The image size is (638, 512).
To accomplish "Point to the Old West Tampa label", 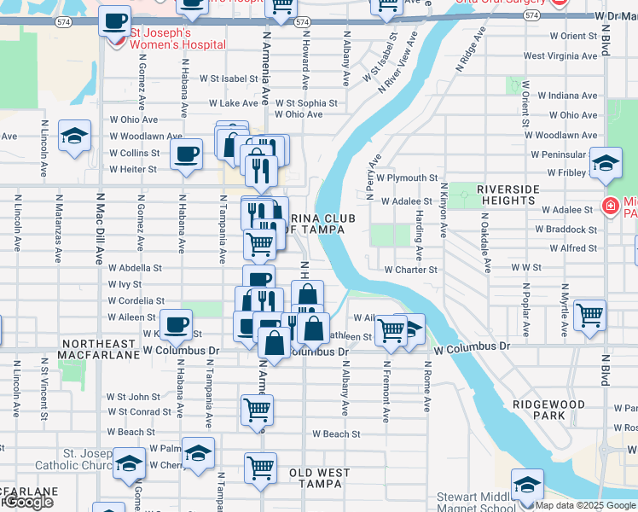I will (326, 473).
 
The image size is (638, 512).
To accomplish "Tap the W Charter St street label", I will (410, 270).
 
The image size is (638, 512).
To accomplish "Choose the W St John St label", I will (133, 397).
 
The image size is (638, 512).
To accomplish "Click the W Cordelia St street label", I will (136, 301).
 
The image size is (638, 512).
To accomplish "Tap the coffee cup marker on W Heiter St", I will (186, 155).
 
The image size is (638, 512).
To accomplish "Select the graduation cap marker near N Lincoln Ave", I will (74, 136).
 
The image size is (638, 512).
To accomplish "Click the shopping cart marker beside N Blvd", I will (589, 314).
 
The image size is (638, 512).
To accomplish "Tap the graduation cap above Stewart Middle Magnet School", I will (527, 484).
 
